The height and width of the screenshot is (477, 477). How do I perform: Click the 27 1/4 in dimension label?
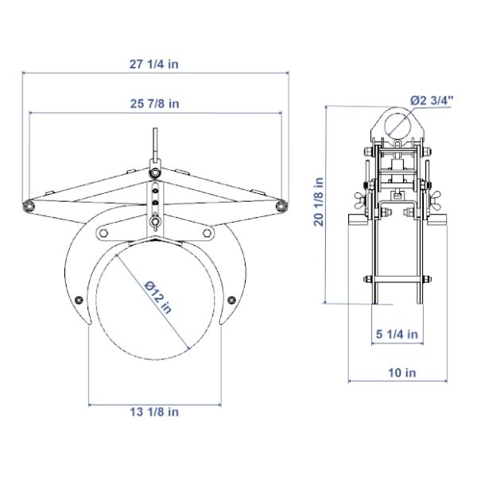pyautogui.click(x=154, y=64)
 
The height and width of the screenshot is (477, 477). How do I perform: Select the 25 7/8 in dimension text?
pyautogui.click(x=154, y=103)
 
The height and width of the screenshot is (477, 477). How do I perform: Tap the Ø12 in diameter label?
pyautogui.click(x=158, y=297)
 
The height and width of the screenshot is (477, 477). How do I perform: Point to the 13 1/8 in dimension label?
pyautogui.click(x=154, y=412)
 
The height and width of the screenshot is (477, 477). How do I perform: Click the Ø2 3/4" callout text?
pyautogui.click(x=432, y=100)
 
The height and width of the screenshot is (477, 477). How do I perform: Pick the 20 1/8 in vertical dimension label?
pyautogui.click(x=319, y=202)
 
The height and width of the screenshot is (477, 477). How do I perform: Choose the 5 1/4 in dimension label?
pyautogui.click(x=397, y=334)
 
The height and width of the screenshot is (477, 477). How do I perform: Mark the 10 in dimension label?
pyautogui.click(x=402, y=373)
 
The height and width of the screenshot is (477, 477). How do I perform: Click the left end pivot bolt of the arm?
pyautogui.click(x=29, y=206)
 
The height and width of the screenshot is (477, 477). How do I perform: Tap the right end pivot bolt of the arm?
pyautogui.click(x=281, y=206)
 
